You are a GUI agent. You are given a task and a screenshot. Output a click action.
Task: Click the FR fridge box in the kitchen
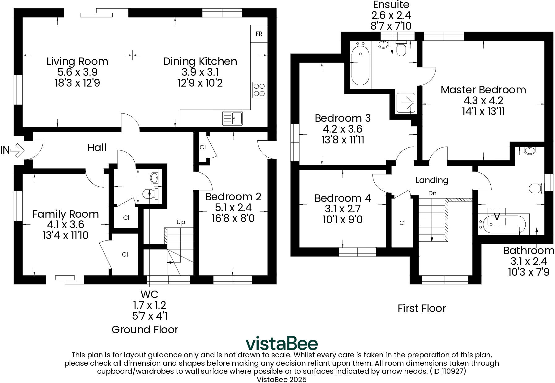pos(259,34)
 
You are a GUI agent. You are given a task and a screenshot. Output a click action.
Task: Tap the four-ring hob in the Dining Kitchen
pos(259,90)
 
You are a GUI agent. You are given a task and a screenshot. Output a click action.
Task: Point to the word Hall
pos(97,148)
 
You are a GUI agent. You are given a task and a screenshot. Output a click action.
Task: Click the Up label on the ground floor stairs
pos(181,222)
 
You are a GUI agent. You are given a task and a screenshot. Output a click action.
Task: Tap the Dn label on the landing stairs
pos(432,194)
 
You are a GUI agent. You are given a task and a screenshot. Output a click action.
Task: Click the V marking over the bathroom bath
pos(497,216)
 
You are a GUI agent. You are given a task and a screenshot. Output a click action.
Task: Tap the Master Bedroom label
pos(483,90)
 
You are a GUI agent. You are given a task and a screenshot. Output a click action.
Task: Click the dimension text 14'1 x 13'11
pos(483,111)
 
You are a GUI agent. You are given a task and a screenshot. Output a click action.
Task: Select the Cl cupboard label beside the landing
pos(402,223)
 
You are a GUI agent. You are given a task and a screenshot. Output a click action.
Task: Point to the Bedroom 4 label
pos(343,198)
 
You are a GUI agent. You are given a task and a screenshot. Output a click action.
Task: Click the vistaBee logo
pos(282,343)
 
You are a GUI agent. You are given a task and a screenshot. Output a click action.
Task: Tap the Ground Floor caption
pos(145,330)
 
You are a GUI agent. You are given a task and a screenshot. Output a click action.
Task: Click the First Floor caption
pos(422,308)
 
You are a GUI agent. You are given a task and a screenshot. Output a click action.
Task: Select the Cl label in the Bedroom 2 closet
pos(203,147)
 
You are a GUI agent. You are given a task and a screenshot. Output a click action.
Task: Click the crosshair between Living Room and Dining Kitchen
pos(132,55)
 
